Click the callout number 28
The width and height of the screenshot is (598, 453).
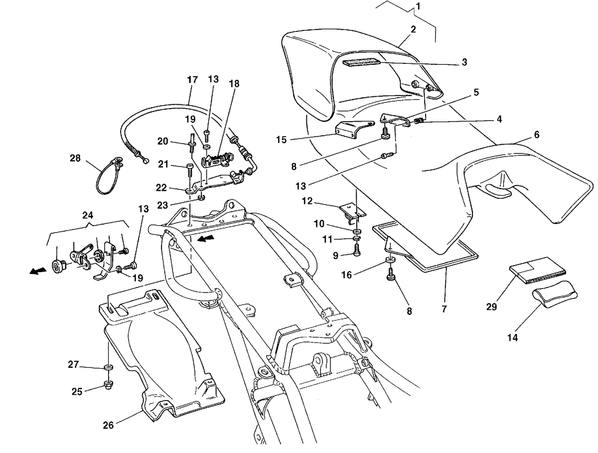[75, 158]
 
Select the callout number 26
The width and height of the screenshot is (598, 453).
[108, 425]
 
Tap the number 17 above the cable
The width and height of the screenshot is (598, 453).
[192, 80]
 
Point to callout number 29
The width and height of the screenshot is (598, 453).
[492, 307]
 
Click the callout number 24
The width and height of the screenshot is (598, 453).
[88, 215]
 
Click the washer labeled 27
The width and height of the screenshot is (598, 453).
[109, 367]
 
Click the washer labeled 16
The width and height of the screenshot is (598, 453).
[390, 260]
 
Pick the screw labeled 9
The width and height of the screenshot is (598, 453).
[357, 250]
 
